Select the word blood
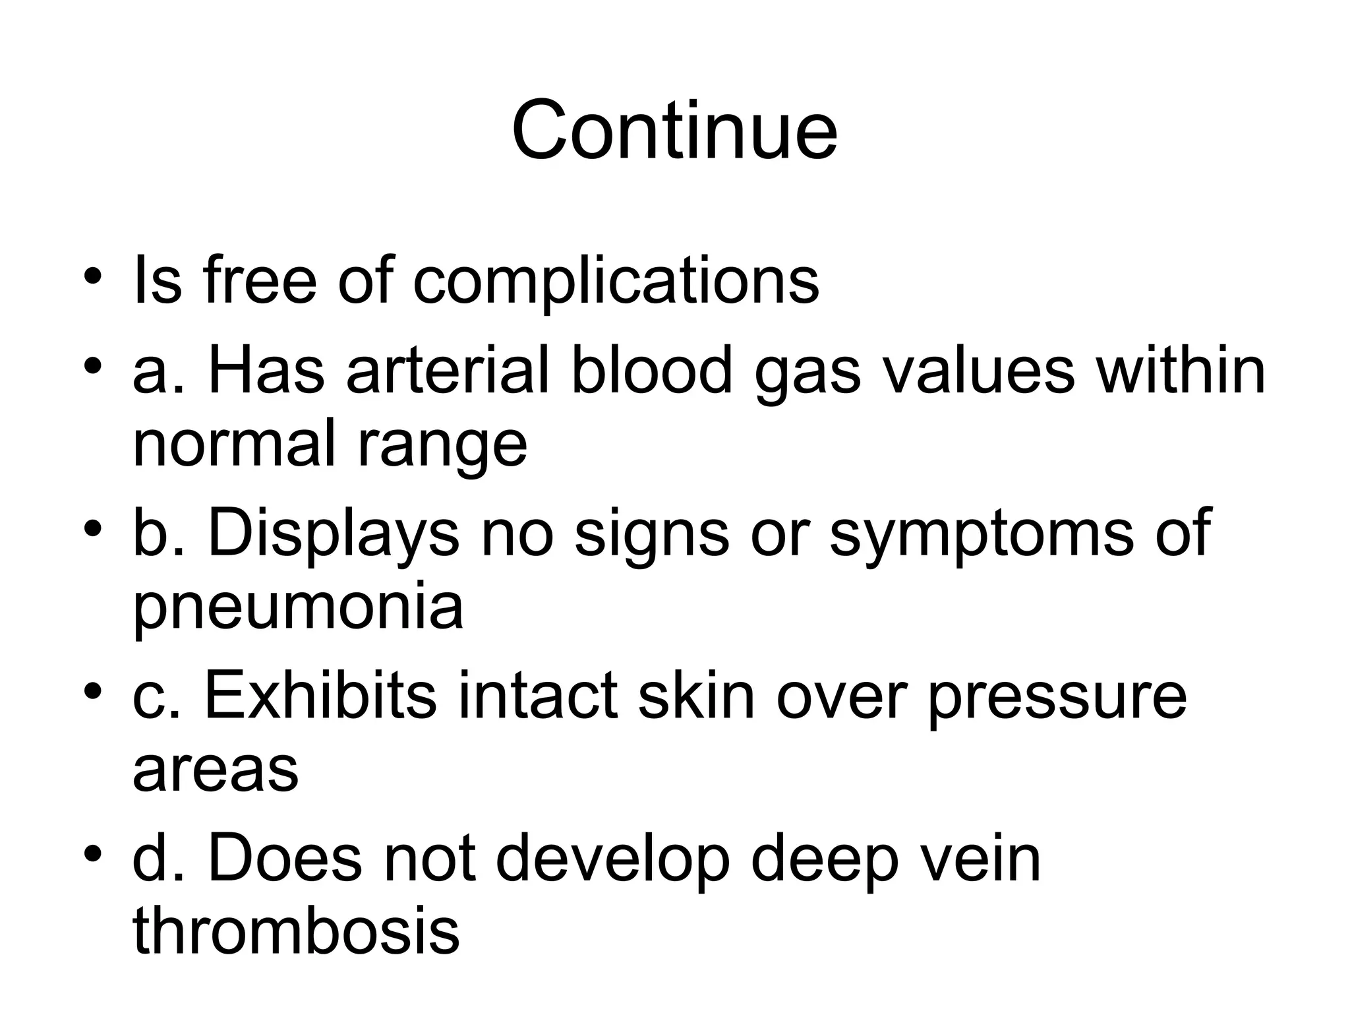tap(651, 371)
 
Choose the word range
tap(442, 448)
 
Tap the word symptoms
tap(981, 537)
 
